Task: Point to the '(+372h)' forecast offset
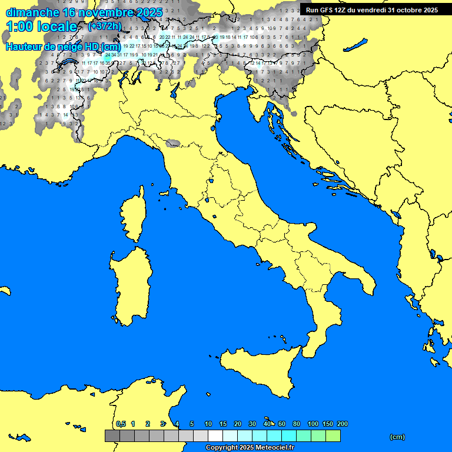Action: pyautogui.click(x=104, y=26)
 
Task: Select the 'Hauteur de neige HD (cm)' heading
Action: pyautogui.click(x=64, y=47)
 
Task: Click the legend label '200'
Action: pyautogui.click(x=342, y=424)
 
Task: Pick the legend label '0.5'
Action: pyautogui.click(x=121, y=424)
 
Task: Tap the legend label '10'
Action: pyautogui.click(x=208, y=424)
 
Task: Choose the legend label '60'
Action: pyautogui.click(x=282, y=424)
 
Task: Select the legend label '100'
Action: pyautogui.click(x=313, y=424)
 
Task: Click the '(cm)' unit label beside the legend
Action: pyautogui.click(x=397, y=437)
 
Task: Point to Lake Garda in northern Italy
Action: pyautogui.click(x=175, y=89)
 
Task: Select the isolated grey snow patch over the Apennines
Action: pyautogui.click(x=173, y=143)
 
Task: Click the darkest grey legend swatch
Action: pyautogui.click(x=112, y=436)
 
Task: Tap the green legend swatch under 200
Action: pyautogui.click(x=333, y=436)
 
